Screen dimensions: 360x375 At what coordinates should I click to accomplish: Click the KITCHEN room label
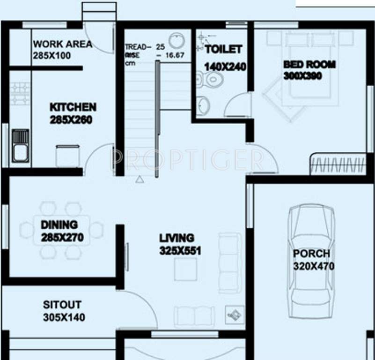point(73,107)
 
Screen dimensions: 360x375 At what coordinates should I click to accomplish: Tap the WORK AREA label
point(63,45)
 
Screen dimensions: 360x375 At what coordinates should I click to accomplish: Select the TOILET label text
point(224,49)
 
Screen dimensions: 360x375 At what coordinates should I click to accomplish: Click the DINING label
point(59,225)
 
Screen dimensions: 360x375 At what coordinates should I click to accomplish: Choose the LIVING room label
point(176,238)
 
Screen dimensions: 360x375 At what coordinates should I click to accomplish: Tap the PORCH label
point(311,254)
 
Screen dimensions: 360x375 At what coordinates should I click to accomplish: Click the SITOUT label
point(62,305)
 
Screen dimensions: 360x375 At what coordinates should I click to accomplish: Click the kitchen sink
point(20,145)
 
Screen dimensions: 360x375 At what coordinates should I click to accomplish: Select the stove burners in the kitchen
point(20,93)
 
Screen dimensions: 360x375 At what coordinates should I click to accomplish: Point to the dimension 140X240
point(225,67)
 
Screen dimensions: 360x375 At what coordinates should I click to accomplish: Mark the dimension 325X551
point(180,251)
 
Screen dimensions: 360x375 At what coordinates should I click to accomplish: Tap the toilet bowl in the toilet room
point(212,79)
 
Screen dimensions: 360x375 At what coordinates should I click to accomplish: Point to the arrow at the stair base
point(139,179)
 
